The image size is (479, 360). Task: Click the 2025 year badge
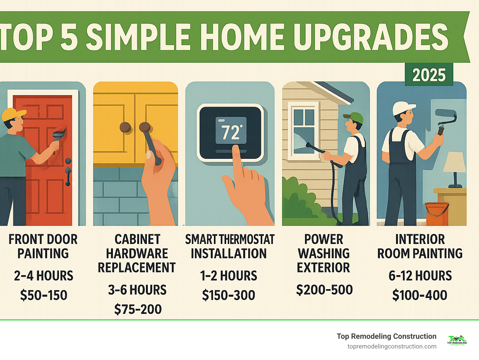tap(429, 75)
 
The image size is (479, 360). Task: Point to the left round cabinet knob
tap(125, 127)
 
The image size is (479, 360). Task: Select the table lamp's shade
tap(455, 162)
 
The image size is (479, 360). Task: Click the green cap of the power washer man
tap(355, 118)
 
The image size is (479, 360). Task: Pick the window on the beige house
tap(304, 131)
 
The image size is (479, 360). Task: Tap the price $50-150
tap(44, 295)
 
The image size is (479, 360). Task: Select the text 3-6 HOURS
tap(137, 290)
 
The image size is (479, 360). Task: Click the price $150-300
tap(229, 295)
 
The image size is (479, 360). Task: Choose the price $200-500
tap(324, 290)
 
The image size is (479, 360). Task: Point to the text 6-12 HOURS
tap(420, 276)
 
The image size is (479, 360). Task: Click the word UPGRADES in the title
tap(370, 37)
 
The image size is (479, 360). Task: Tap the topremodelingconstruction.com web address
tap(392, 346)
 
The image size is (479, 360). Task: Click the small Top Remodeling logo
tap(457, 340)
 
